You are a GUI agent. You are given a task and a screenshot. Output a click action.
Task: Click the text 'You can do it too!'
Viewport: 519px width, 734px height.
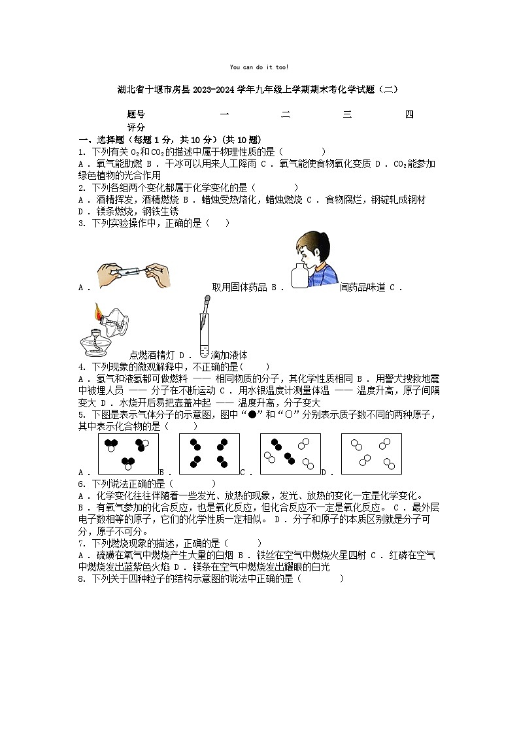(x=259, y=67)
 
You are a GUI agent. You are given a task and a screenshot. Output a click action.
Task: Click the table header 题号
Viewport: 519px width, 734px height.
(x=136, y=115)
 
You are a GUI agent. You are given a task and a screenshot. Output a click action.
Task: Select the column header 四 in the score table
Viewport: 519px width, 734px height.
(x=409, y=115)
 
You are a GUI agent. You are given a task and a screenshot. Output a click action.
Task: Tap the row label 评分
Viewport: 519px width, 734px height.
(x=136, y=127)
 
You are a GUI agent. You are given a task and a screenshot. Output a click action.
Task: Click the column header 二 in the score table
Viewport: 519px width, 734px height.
(x=286, y=115)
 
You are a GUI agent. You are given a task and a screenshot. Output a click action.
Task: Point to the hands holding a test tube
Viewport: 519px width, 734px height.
(x=135, y=275)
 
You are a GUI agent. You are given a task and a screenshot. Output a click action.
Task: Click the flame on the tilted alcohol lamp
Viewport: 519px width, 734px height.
(x=99, y=312)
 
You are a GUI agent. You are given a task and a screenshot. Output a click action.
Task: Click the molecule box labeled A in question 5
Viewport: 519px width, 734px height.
(x=128, y=453)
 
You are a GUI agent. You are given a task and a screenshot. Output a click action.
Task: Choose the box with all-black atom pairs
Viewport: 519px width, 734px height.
(x=209, y=453)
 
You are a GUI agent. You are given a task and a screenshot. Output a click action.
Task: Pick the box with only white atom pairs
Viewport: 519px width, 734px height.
(x=371, y=453)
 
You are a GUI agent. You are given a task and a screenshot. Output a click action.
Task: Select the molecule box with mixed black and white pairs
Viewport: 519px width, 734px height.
(x=290, y=453)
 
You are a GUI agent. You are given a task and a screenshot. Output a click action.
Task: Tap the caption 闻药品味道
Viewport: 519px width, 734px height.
(x=362, y=287)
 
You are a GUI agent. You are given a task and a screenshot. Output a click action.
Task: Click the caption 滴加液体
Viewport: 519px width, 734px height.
(x=229, y=355)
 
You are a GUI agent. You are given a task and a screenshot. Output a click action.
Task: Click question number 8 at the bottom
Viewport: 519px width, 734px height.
(x=81, y=578)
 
